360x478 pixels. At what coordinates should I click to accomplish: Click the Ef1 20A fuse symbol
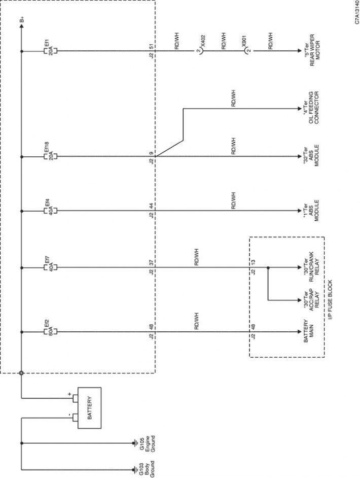coord(51,51)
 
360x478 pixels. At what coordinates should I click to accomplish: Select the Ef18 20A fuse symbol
coord(51,157)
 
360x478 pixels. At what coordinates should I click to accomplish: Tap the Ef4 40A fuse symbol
coord(51,211)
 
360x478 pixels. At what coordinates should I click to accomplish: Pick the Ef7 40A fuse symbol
coord(51,267)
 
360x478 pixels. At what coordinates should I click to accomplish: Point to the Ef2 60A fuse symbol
coord(51,332)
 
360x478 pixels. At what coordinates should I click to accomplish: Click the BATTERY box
coord(90,408)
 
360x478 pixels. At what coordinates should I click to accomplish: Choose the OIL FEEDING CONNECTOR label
coord(314,108)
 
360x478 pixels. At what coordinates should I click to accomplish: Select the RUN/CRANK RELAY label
coord(314,264)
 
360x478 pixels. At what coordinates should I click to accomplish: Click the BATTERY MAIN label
coord(308,331)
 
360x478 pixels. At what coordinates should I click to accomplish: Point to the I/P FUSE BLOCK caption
coord(330,300)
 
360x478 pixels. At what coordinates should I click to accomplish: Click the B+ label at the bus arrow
coord(21,19)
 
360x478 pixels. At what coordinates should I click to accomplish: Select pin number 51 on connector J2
coord(151,47)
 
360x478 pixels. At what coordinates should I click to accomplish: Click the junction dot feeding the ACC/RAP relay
coord(268,267)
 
